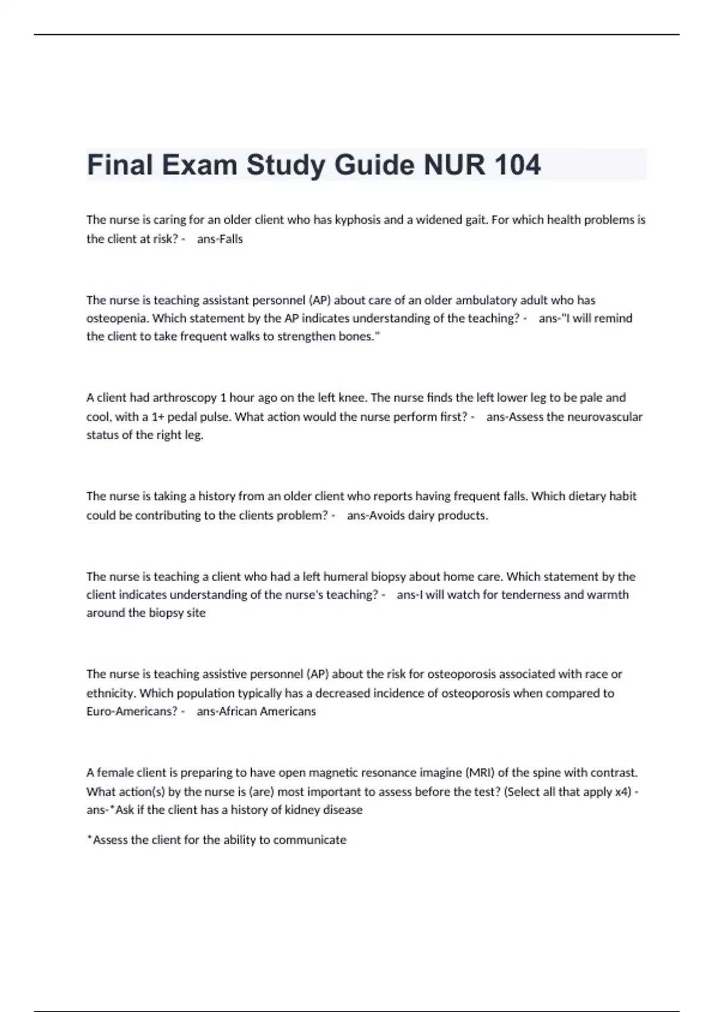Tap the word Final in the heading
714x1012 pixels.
click(x=120, y=165)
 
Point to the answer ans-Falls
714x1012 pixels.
click(x=220, y=239)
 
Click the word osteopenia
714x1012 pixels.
click(x=117, y=318)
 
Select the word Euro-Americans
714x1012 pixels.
click(x=131, y=711)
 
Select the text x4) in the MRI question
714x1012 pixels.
click(x=623, y=792)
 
